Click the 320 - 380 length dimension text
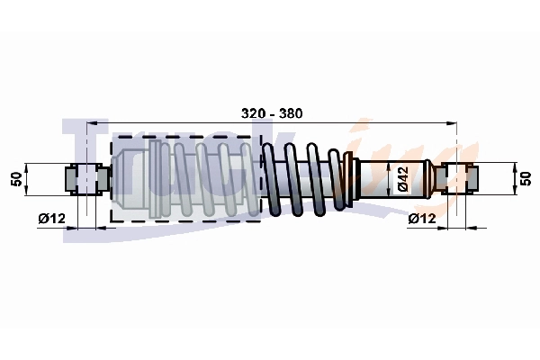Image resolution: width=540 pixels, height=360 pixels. (272, 113)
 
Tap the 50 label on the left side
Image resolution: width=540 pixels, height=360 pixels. (14, 178)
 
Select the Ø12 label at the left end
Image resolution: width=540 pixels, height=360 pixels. (51, 219)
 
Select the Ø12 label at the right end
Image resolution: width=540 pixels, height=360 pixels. (422, 219)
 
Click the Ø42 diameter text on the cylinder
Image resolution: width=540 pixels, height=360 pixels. (404, 178)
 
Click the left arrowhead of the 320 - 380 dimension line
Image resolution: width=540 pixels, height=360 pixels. (91, 123)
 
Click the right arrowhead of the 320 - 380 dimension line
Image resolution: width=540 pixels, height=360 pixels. (452, 123)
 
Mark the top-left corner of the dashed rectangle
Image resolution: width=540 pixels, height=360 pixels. (111, 137)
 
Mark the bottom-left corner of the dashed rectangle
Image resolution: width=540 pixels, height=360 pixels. (111, 220)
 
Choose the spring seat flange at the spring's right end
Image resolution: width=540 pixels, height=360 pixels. (353, 177)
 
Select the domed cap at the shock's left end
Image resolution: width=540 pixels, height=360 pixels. (117, 178)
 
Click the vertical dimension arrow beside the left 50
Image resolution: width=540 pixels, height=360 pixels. (28, 178)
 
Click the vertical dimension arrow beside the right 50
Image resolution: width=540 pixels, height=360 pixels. (514, 177)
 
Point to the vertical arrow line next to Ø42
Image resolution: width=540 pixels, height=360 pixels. (390, 178)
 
